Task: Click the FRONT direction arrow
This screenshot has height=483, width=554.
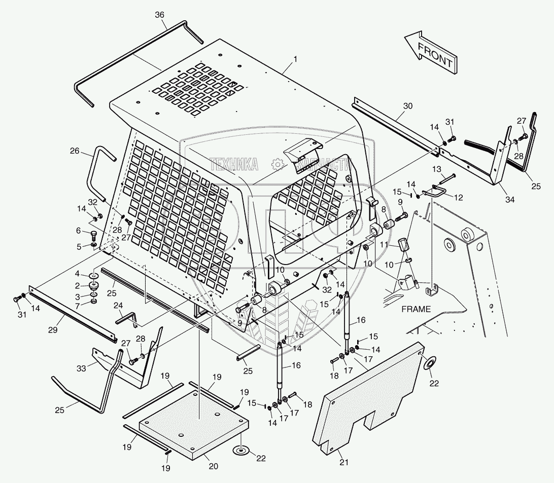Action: click(x=430, y=52)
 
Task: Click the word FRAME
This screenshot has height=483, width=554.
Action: click(x=416, y=309)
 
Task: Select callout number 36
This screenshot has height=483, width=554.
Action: click(x=160, y=15)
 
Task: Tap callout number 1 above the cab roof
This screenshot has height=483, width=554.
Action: click(x=295, y=59)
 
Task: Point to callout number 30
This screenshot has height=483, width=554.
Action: click(x=408, y=106)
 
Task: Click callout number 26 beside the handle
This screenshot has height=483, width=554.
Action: click(x=75, y=151)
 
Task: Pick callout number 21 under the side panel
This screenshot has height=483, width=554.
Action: click(x=344, y=462)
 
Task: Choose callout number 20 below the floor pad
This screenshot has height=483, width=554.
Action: click(x=214, y=466)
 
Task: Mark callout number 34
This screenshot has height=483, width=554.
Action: click(x=509, y=200)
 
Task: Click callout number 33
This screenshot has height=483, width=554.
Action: click(x=81, y=368)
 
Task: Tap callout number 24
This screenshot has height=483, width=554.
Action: click(x=118, y=305)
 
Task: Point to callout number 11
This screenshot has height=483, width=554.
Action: click(x=384, y=244)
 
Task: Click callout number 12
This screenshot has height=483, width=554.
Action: click(x=458, y=198)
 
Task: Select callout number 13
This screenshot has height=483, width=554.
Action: click(x=437, y=168)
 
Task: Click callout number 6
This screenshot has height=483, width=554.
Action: click(x=79, y=231)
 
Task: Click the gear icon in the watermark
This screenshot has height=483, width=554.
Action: click(x=278, y=164)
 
